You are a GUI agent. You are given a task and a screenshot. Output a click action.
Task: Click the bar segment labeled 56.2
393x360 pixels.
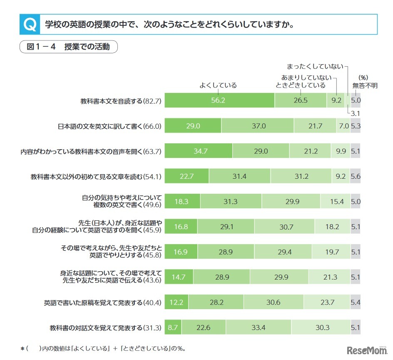(x=220, y=100)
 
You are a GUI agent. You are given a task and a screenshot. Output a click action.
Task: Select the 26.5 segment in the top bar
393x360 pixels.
(x=300, y=100)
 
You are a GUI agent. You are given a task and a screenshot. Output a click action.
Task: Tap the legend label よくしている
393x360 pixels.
(x=218, y=85)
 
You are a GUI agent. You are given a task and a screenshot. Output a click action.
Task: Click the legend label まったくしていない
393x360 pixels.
(x=315, y=66)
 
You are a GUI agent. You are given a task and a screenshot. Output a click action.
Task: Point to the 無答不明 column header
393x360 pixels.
(x=365, y=85)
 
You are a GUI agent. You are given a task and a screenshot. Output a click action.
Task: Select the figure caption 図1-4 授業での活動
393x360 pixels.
(x=68, y=47)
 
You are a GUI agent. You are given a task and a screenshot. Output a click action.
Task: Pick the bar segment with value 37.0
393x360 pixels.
(x=257, y=126)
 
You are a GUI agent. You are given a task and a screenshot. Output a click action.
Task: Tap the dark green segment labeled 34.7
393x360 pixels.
(x=199, y=151)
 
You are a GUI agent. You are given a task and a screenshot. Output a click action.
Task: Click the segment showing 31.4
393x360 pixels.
(x=239, y=176)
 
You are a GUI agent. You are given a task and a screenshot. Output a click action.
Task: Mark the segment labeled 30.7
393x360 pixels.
(x=284, y=227)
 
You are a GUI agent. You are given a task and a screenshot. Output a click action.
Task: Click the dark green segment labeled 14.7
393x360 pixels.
(x=179, y=277)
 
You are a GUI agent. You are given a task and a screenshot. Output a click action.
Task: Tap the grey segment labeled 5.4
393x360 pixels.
(x=355, y=302)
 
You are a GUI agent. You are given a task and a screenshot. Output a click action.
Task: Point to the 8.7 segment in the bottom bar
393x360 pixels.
(x=173, y=327)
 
